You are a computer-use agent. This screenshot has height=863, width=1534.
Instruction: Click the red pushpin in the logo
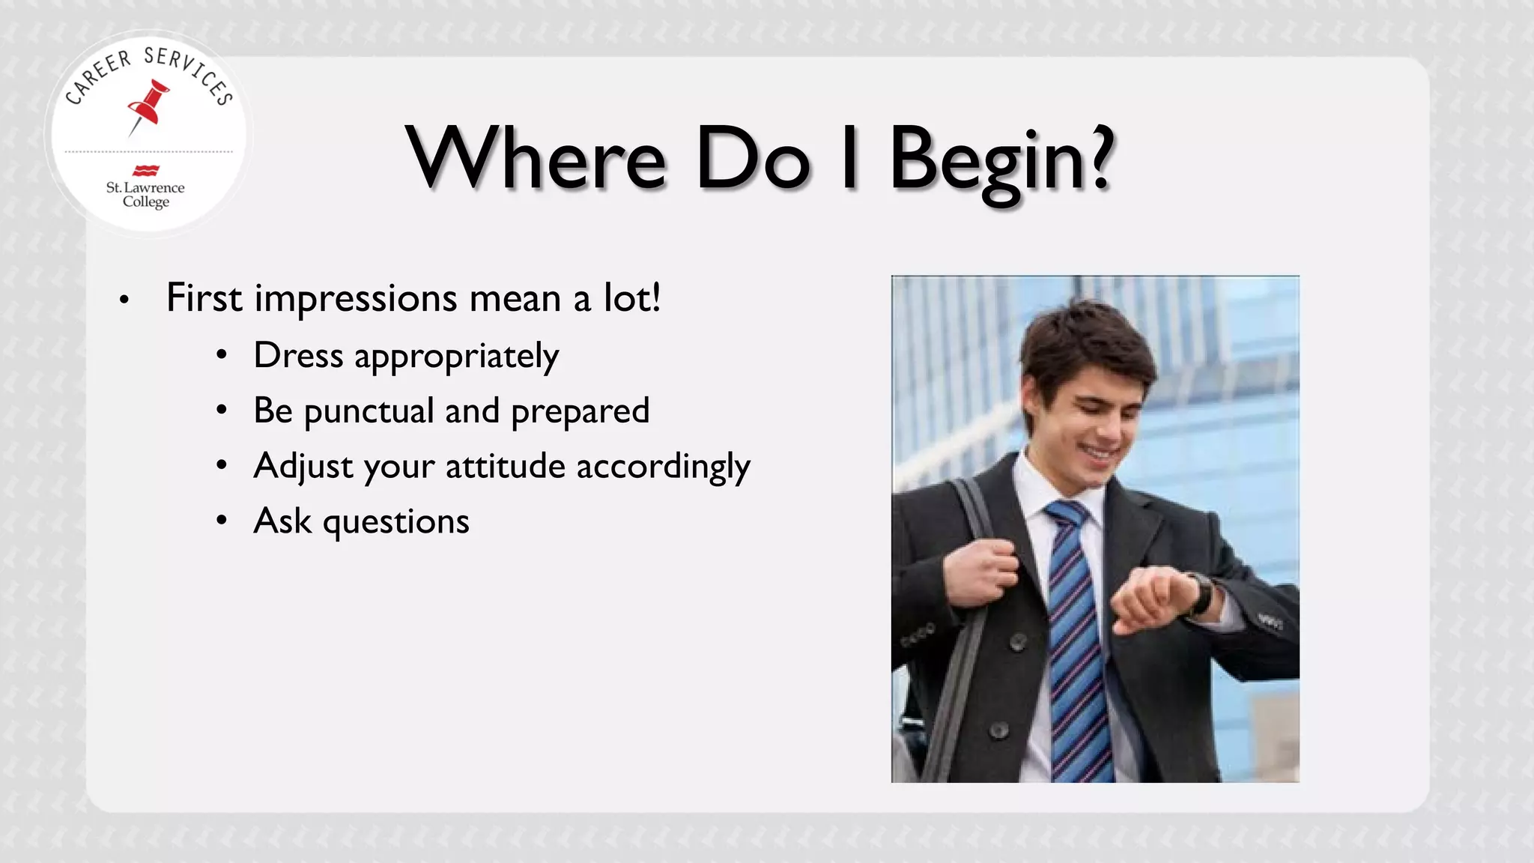coord(150,106)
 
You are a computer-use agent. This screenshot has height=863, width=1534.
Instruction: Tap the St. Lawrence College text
coord(145,194)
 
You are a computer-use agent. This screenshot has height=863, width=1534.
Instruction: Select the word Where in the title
coord(536,158)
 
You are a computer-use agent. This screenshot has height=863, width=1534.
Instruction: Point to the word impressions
coord(356,299)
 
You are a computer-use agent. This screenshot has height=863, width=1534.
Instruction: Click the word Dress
coord(298,355)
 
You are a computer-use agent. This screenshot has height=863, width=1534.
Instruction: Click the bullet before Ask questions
coord(222,520)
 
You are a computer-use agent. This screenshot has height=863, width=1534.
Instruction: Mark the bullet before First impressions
coord(124,300)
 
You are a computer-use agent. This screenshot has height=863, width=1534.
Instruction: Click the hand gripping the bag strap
coord(985,572)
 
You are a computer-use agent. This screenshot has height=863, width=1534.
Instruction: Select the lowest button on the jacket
coord(998,730)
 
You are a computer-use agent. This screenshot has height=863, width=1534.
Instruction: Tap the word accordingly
coord(663,467)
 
